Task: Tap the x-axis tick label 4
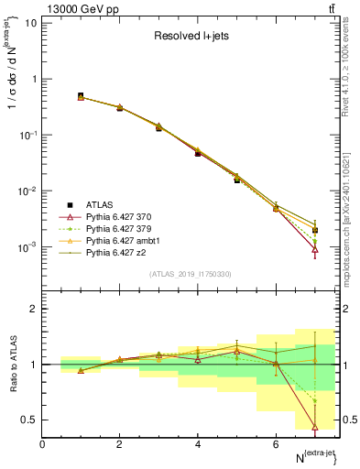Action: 198,444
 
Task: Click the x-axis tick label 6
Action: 276,444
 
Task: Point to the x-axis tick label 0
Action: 42,444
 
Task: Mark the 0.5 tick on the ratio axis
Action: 29,420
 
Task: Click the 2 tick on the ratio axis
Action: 33,309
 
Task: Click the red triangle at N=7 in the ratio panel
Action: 314,427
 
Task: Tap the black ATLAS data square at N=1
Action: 81,96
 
